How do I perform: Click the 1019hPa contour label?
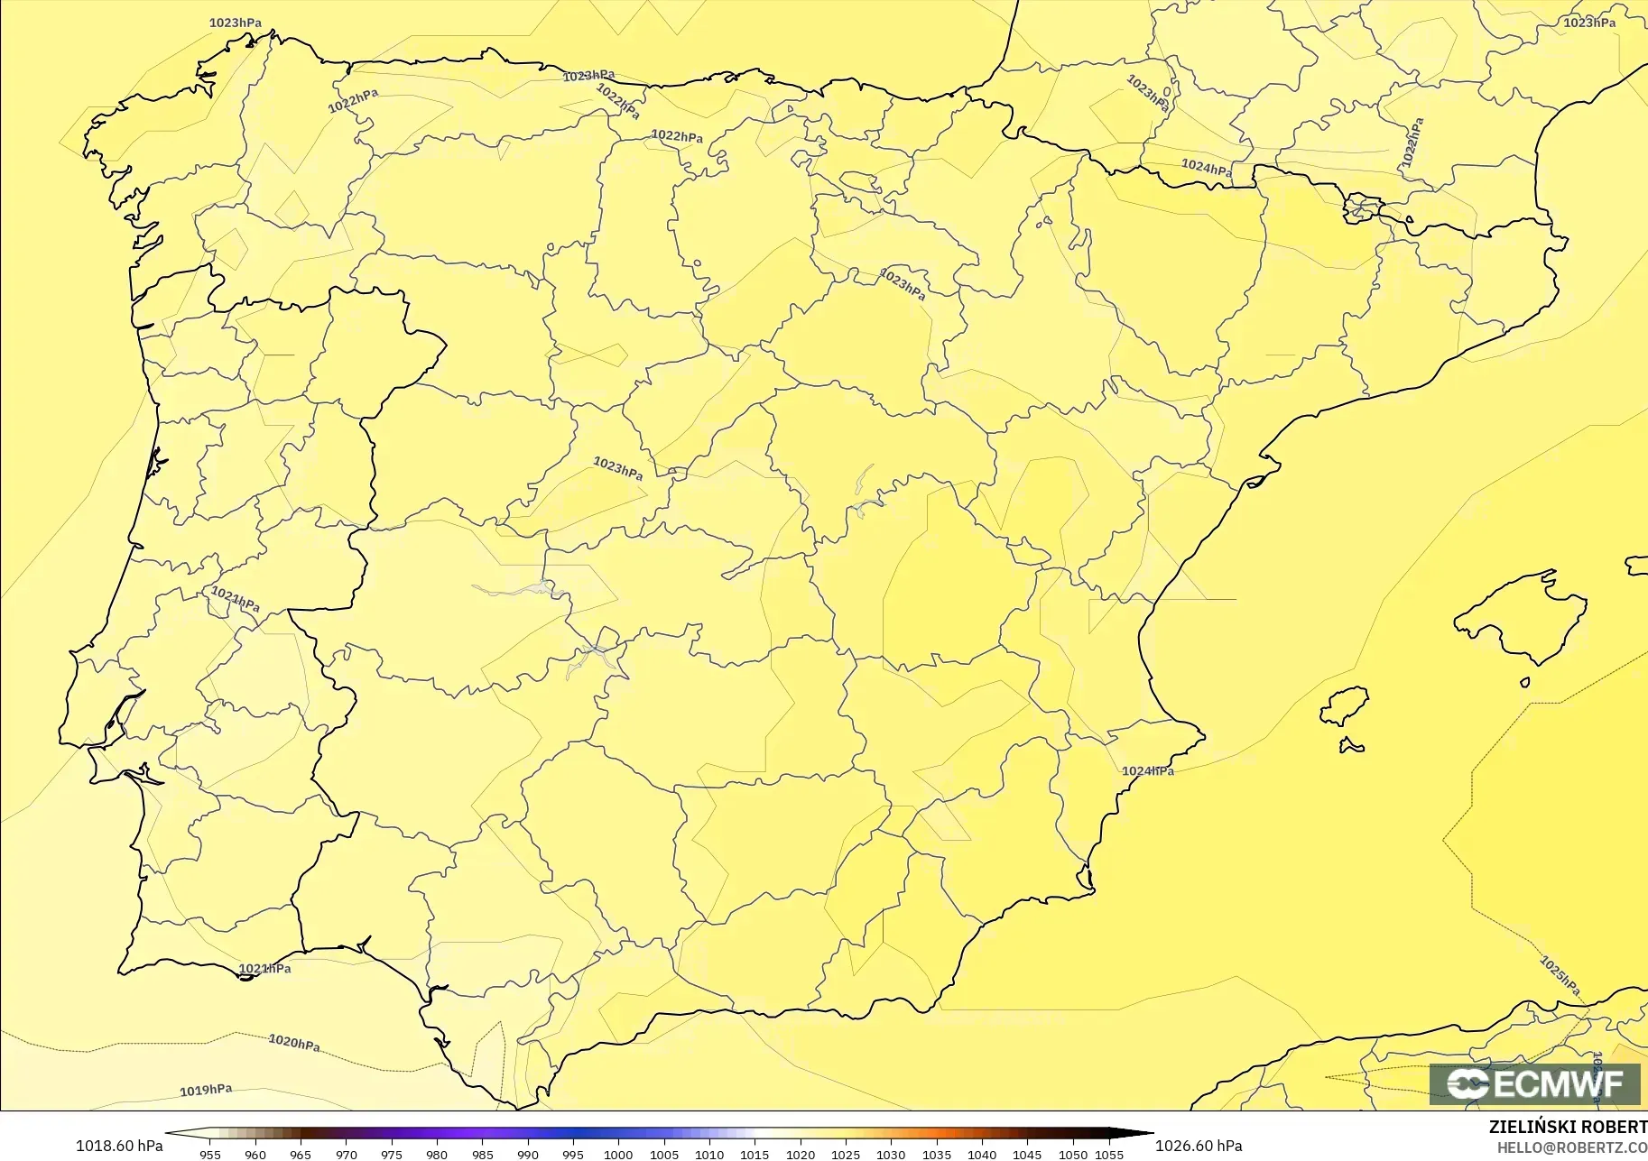(206, 1090)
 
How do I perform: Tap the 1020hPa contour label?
(294, 1043)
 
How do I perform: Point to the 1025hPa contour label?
(1560, 976)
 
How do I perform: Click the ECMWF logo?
(1534, 1083)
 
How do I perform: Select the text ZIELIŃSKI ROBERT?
(1568, 1128)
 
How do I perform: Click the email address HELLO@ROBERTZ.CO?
(1572, 1147)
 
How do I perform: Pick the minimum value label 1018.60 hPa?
(119, 1146)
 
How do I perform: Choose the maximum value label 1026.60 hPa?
(1199, 1146)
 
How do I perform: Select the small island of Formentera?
(1351, 745)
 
